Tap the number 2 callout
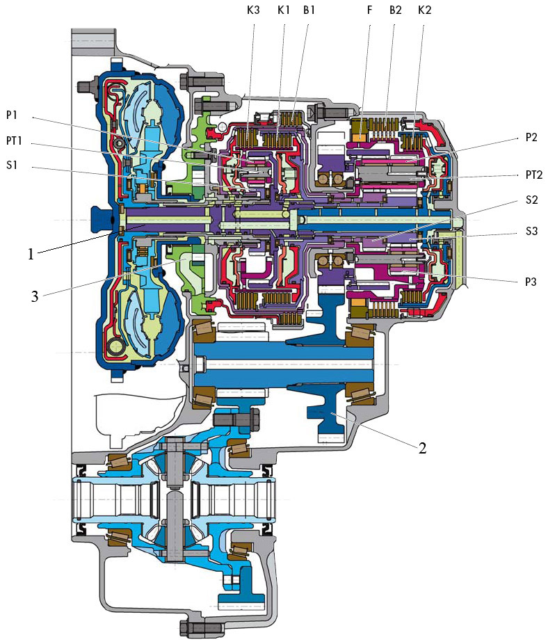tap(421, 447)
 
